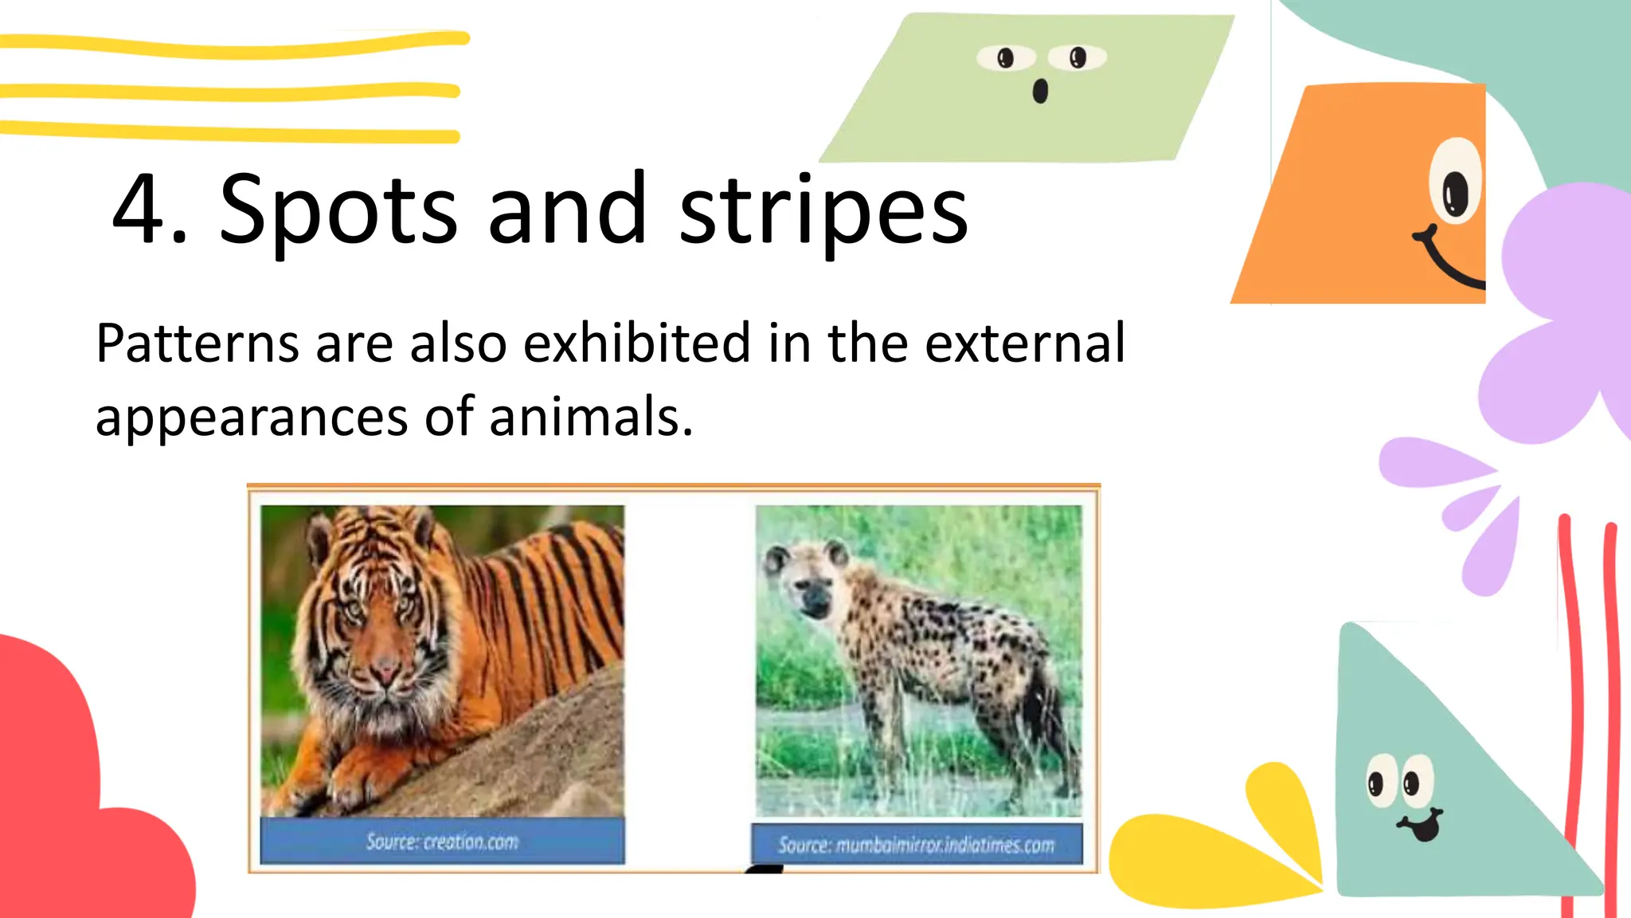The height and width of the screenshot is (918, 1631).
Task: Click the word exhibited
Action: coord(637,343)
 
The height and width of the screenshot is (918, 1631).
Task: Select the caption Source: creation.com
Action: coord(442,841)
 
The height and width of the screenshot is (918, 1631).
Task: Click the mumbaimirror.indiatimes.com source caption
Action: coord(916,845)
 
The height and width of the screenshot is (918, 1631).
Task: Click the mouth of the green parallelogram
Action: coord(1040,92)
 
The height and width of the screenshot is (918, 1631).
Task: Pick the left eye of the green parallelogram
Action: coord(1006,57)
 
